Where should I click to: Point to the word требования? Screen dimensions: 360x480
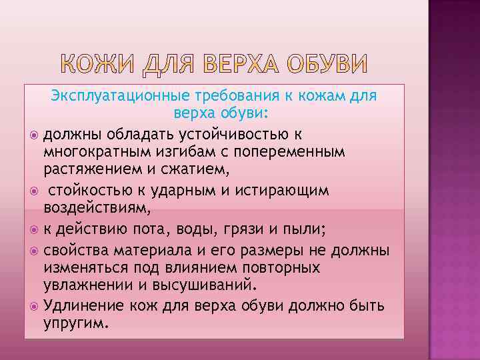click(x=228, y=96)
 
